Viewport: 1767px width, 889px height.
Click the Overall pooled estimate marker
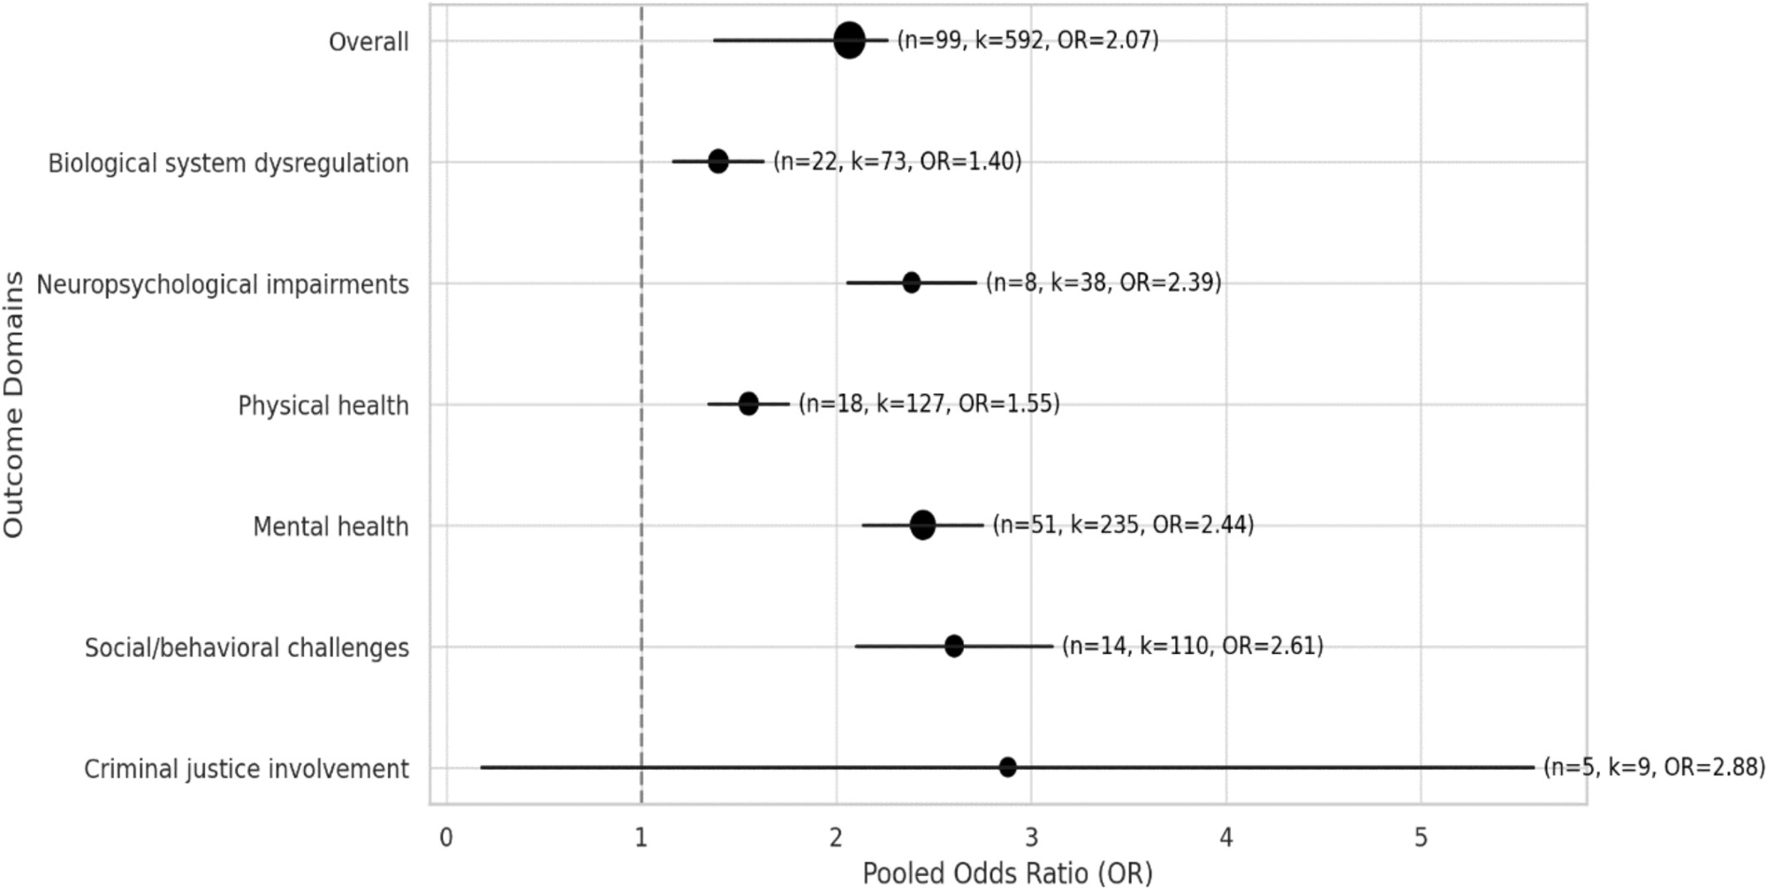tap(849, 41)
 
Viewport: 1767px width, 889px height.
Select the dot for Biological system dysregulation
tap(718, 162)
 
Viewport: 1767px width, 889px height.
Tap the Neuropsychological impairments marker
tap(912, 283)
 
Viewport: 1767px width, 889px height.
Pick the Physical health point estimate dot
tap(748, 404)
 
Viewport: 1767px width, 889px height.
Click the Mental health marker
tap(922, 525)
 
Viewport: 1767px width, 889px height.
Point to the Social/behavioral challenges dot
tap(954, 646)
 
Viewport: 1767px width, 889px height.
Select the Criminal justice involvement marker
tap(1007, 767)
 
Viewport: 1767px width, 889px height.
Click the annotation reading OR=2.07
tap(1028, 41)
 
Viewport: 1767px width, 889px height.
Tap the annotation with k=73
tap(897, 162)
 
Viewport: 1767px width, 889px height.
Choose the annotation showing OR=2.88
tap(1654, 767)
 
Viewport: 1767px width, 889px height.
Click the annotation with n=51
tap(1123, 525)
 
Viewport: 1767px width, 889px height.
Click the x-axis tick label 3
tap(1031, 838)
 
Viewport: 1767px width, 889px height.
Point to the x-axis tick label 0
tap(447, 838)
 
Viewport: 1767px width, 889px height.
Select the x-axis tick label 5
tap(1421, 838)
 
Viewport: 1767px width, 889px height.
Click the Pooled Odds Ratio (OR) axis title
tap(1007, 873)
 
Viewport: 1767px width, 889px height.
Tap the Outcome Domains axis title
tap(13, 404)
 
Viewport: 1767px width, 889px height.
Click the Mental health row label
tap(330, 527)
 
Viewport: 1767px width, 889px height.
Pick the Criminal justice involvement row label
tap(246, 769)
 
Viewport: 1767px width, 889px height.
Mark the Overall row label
tap(368, 42)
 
